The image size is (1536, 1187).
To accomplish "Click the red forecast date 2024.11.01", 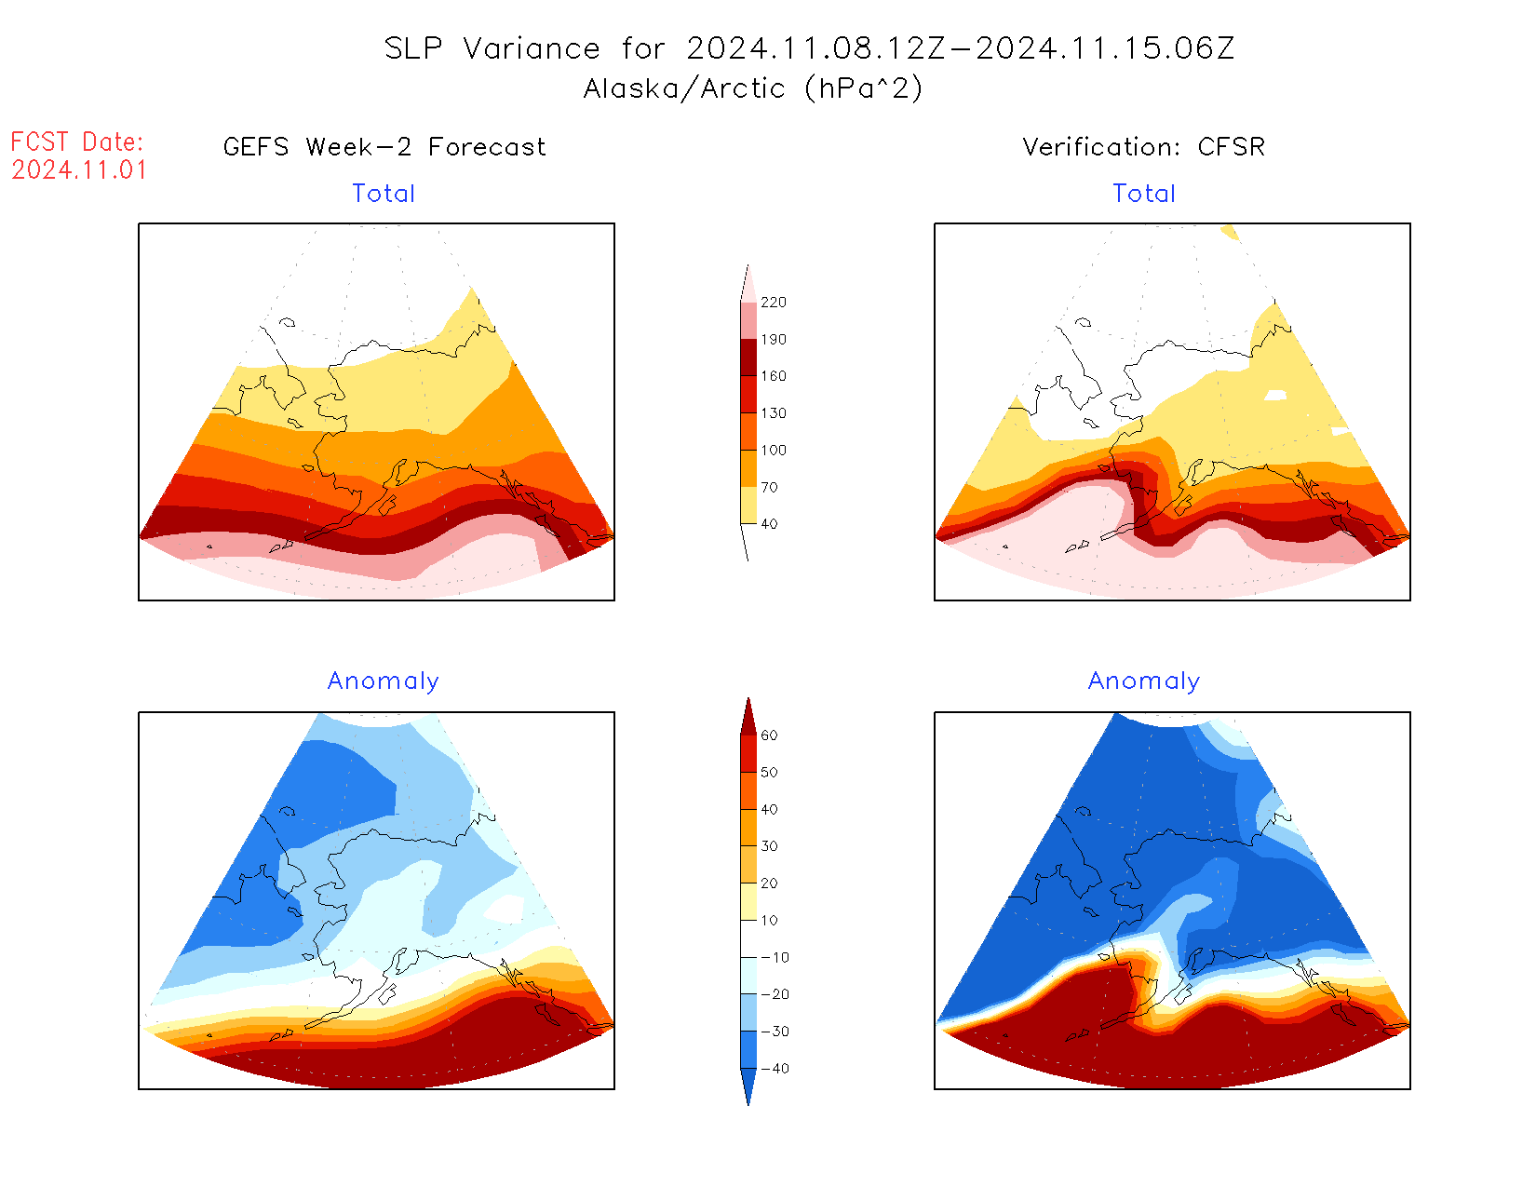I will click(79, 170).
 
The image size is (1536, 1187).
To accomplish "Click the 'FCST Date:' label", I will click(77, 142).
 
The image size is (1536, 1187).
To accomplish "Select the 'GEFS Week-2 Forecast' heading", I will click(384, 147).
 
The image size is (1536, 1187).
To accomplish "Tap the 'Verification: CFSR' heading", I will click(1144, 147).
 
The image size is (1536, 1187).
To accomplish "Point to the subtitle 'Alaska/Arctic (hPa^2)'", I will click(753, 88).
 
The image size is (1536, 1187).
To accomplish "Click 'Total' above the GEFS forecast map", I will click(384, 194).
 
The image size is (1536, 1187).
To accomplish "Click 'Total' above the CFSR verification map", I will click(1144, 194).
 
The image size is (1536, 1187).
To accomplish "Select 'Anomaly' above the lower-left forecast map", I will click(384, 681).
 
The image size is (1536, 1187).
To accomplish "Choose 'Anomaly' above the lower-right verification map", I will click(1144, 681).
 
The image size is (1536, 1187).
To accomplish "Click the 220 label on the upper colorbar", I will click(774, 303).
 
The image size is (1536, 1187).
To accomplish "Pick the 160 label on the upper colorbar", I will click(774, 376).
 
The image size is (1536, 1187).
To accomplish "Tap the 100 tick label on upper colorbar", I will click(774, 451).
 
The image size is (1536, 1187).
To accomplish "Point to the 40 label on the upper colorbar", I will click(769, 524).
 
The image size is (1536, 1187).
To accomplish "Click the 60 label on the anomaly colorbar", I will click(769, 735).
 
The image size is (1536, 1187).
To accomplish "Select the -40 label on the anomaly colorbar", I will click(775, 1069).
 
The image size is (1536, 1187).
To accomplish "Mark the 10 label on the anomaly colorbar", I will click(769, 921).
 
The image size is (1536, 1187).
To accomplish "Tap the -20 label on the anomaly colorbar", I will click(775, 994).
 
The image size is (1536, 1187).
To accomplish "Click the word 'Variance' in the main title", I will click(532, 48).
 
